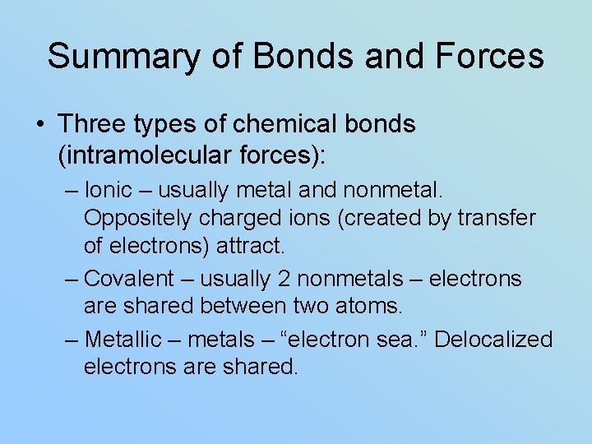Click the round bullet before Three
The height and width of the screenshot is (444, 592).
[x=40, y=125]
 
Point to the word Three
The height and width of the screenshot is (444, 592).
[x=91, y=124]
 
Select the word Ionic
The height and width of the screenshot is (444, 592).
[x=108, y=190]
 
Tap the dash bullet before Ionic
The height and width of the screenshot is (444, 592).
[x=72, y=191]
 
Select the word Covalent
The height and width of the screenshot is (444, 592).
[x=129, y=279]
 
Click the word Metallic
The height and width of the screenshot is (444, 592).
[x=123, y=339]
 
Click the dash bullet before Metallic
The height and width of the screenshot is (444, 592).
[x=72, y=340]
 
